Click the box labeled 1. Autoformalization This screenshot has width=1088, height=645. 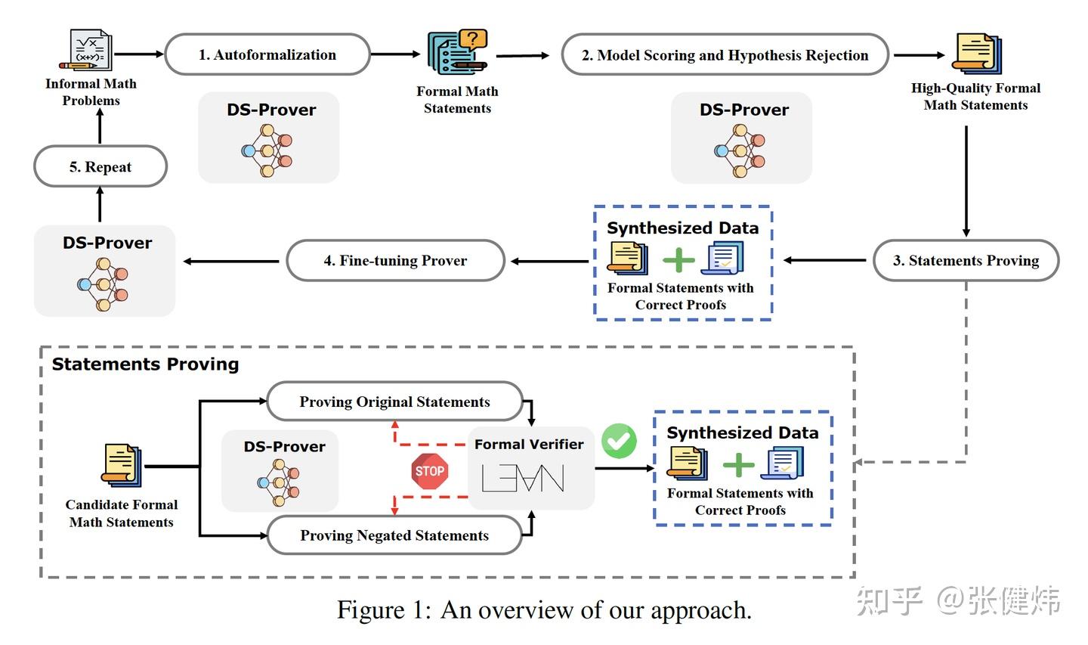click(267, 54)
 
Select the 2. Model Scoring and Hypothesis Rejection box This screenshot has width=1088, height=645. click(725, 55)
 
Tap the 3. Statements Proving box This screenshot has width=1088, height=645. click(966, 261)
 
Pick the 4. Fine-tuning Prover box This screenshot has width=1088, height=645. click(395, 261)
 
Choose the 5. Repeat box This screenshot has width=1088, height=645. click(100, 167)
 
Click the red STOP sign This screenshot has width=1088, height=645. click(429, 471)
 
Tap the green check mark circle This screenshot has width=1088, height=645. click(619, 441)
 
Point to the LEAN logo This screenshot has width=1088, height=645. click(523, 478)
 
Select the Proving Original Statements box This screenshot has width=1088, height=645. click(394, 402)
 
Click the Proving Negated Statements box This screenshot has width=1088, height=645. click(394, 535)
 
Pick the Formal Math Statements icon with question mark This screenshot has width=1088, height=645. click(457, 51)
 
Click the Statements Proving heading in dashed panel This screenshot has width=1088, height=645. click(145, 364)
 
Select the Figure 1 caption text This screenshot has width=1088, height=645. click(544, 609)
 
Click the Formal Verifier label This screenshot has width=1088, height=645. click(529, 445)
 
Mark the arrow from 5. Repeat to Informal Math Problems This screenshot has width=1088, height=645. click(100, 126)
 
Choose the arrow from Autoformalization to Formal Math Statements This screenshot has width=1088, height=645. click(395, 54)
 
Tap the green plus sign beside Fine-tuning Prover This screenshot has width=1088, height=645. click(678, 260)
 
